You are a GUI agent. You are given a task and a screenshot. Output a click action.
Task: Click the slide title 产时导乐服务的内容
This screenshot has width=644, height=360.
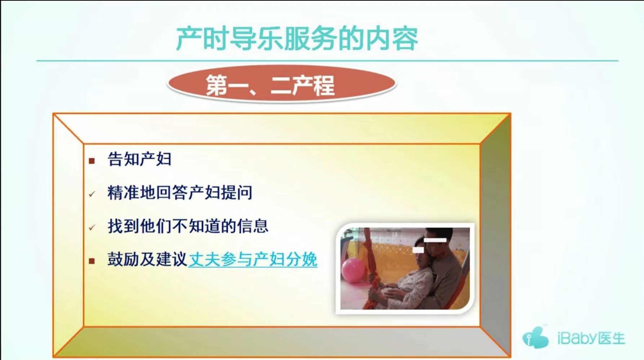[x=297, y=39]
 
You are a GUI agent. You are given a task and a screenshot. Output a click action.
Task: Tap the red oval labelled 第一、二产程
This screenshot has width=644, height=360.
[x=282, y=84]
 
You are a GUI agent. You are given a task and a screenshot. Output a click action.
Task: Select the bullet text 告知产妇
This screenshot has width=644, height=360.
[x=139, y=159]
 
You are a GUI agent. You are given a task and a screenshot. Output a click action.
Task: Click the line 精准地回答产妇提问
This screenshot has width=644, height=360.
[x=180, y=192]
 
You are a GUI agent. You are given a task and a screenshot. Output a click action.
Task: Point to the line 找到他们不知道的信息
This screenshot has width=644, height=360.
[x=188, y=226]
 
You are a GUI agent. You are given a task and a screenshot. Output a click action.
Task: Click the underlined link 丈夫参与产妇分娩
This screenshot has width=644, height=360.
[x=253, y=259]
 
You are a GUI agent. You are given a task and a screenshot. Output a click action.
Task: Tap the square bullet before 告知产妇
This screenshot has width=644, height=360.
[x=92, y=161]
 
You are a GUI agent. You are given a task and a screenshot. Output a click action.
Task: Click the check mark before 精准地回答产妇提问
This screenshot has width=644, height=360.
[x=92, y=194]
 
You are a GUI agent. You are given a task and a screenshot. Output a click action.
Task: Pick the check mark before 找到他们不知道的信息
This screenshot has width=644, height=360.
[x=92, y=228]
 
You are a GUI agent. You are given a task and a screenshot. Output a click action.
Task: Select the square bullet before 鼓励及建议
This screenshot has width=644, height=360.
[x=92, y=261]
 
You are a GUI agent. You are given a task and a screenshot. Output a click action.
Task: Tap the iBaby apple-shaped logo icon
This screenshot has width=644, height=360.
[x=536, y=337]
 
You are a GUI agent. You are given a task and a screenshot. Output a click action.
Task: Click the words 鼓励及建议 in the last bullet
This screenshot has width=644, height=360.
[x=147, y=259]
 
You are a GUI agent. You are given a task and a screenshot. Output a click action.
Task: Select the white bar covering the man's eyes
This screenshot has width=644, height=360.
[x=435, y=240]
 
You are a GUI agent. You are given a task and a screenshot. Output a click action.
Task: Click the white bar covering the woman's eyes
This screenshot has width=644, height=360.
[x=418, y=250]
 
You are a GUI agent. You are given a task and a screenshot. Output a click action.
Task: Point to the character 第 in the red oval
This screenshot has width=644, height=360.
[x=217, y=85]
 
